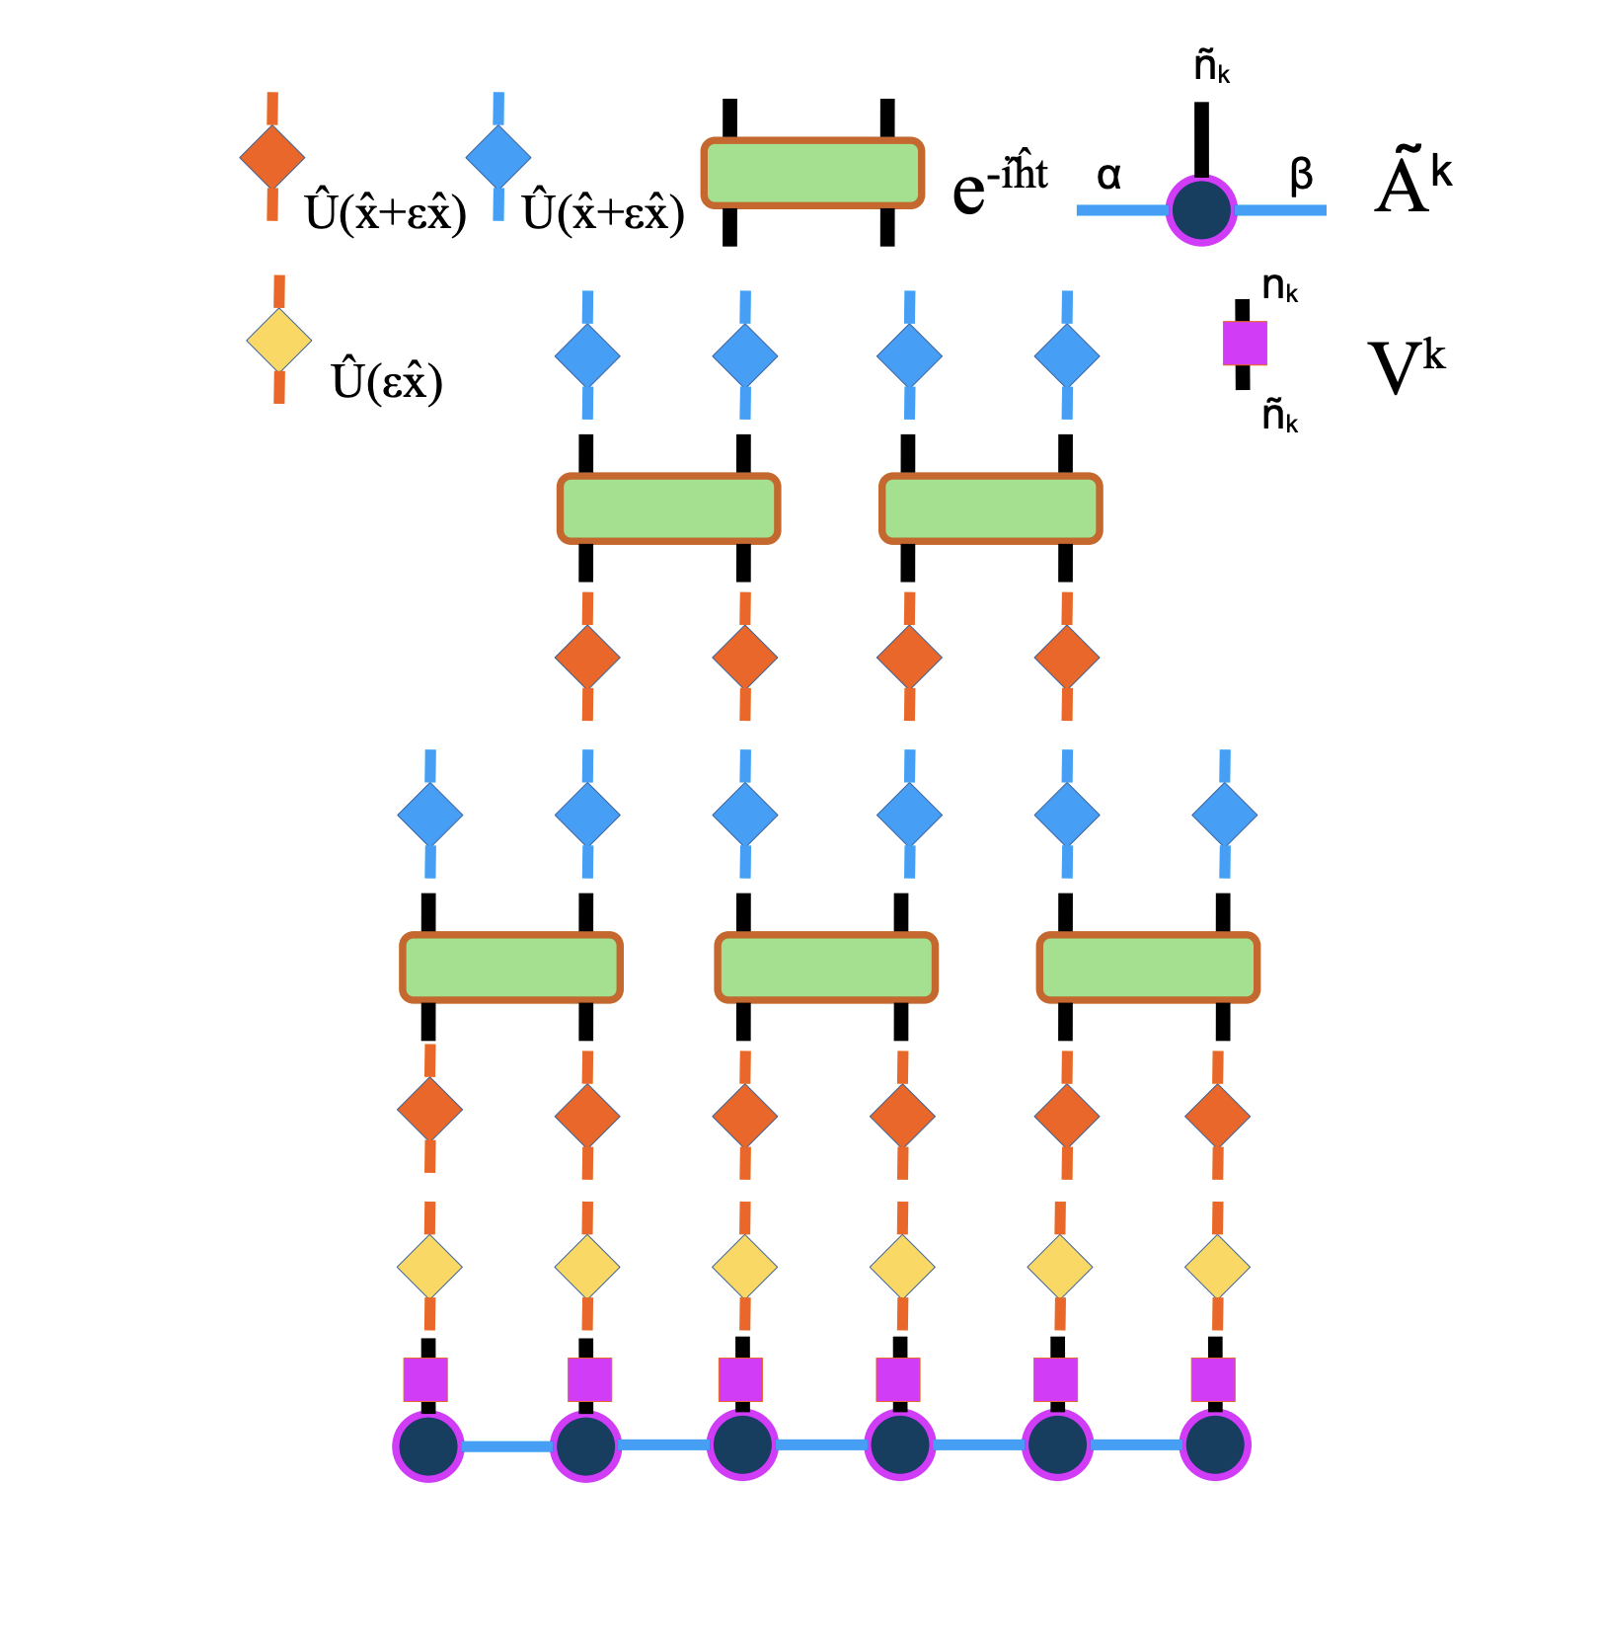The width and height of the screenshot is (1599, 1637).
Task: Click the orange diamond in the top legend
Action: coord(272,156)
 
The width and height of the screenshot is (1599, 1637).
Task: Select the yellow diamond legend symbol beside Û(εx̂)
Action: coord(279,340)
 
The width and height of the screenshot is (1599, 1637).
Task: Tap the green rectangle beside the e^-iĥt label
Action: coord(812,174)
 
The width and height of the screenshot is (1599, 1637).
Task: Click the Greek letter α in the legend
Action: coord(1108,176)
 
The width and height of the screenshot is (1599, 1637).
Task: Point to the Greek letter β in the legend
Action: coord(1301,175)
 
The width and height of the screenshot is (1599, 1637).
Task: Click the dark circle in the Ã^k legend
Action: coord(1201,210)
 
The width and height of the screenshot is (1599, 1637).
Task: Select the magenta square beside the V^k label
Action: coord(1245,343)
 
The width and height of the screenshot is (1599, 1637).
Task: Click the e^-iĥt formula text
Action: coord(999,184)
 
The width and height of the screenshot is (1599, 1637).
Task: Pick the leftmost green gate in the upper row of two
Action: coord(669,508)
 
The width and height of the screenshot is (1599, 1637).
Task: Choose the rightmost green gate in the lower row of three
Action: coord(1148,968)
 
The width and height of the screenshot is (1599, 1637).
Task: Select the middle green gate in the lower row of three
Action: coord(826,968)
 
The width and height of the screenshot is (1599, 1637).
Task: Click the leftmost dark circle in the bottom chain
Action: coord(428,1445)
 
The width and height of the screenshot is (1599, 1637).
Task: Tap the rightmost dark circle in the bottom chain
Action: coord(1215,1445)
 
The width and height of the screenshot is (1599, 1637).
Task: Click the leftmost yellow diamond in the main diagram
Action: coord(429,1267)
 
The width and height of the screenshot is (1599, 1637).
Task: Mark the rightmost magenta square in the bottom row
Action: coord(1213,1379)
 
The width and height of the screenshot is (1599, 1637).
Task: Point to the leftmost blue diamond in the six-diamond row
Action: coord(429,815)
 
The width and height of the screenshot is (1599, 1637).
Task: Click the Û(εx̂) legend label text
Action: coord(387,381)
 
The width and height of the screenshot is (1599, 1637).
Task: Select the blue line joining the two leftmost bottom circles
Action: coord(506,1446)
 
